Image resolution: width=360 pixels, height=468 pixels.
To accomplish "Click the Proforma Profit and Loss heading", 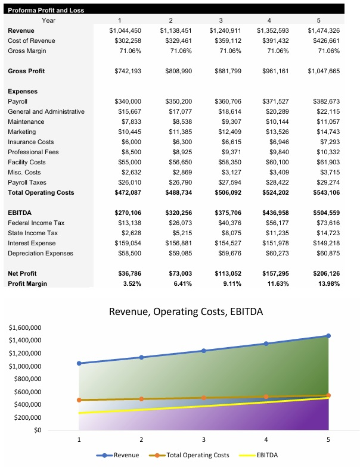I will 45,10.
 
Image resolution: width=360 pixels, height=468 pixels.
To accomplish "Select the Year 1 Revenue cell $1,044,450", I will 125,30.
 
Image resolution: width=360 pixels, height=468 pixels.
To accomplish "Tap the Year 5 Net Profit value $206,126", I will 324,273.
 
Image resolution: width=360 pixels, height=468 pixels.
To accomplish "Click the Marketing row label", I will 21,132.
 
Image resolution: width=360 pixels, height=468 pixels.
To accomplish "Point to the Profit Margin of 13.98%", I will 327,283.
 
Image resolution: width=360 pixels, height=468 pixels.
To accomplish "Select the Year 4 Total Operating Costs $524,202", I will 274,192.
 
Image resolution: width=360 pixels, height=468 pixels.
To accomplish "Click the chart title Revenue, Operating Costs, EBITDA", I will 186,311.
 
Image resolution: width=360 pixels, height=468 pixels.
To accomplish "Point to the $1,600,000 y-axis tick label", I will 25,328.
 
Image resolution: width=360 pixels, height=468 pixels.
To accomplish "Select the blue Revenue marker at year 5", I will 328,336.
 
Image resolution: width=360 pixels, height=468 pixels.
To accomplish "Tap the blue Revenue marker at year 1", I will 79,363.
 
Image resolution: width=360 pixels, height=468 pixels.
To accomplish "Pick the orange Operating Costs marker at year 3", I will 203,397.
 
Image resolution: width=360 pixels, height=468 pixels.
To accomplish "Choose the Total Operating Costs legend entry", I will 198,455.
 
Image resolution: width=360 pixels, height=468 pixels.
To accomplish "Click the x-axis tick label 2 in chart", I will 141,440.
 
